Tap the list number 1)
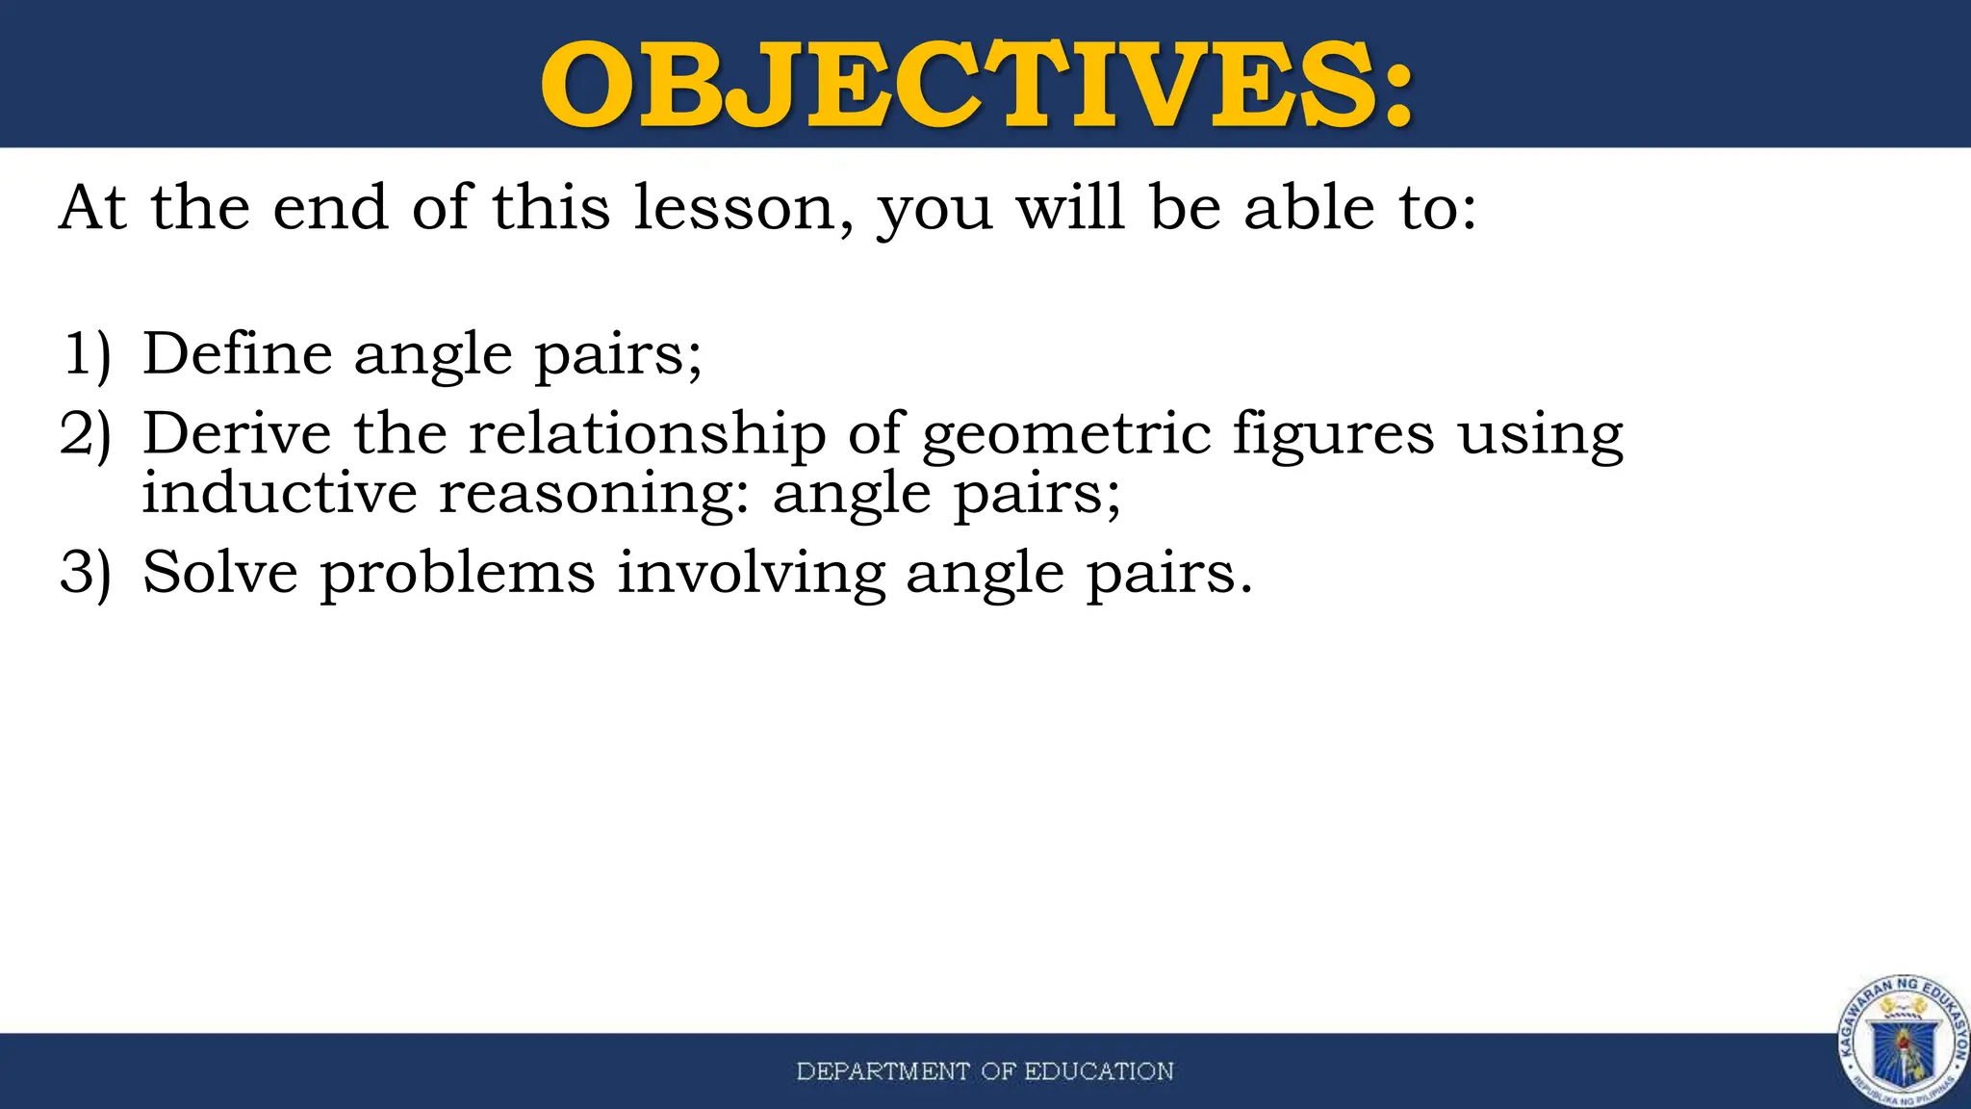[87, 353]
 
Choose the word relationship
[647, 435]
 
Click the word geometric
[1065, 435]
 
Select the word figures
[1334, 435]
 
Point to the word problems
[457, 574]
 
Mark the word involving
[751, 574]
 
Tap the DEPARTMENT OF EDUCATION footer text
[985, 1071]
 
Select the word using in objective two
[1540, 435]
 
